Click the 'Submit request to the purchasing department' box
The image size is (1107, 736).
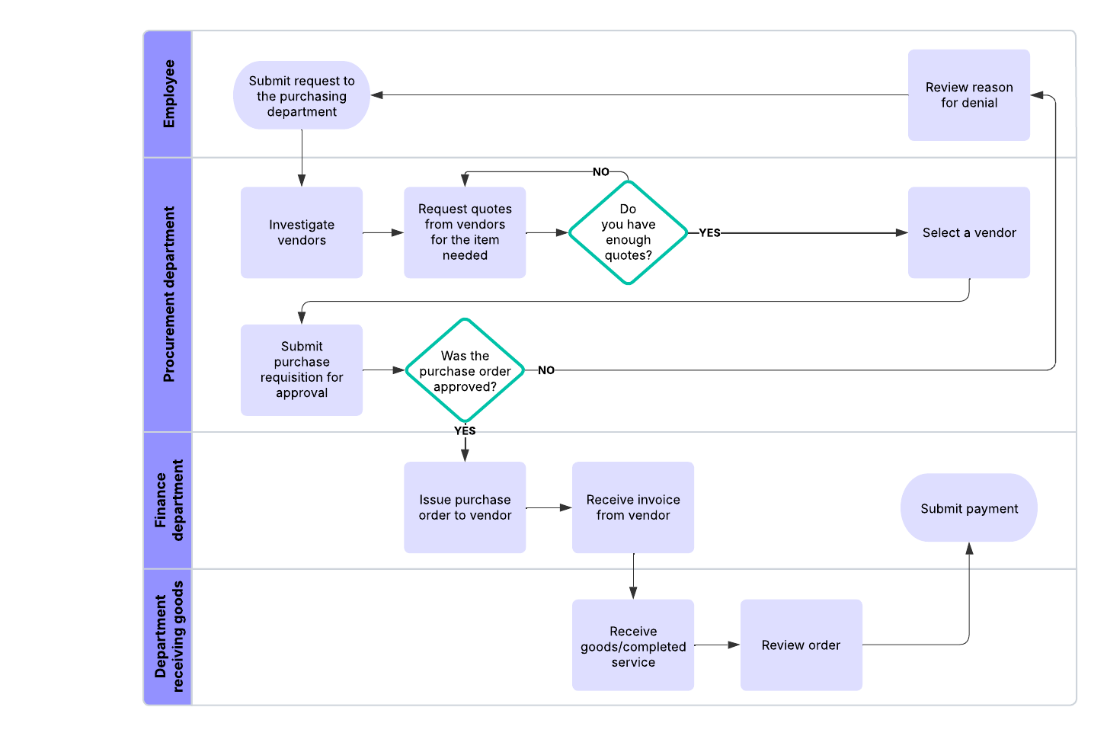(302, 95)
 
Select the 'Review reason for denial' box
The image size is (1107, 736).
(968, 95)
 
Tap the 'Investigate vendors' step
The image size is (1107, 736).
(302, 232)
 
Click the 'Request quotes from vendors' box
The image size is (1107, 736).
(465, 232)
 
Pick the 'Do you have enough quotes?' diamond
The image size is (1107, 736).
(628, 232)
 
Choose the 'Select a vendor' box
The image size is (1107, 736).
(968, 232)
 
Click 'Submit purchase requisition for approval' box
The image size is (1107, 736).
(302, 370)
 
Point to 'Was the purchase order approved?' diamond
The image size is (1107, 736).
(465, 370)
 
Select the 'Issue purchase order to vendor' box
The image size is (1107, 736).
(465, 507)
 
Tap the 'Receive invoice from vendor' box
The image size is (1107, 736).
(632, 507)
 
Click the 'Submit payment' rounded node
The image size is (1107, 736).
(968, 508)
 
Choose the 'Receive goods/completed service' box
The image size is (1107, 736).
(632, 645)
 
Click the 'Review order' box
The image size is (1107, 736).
(801, 645)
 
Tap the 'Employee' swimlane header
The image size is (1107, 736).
(168, 94)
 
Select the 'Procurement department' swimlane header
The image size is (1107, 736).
(168, 294)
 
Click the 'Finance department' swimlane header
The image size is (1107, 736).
(168, 500)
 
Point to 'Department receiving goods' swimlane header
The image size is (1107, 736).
(168, 636)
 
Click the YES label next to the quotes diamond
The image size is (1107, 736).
(709, 233)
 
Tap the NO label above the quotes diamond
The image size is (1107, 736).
(601, 172)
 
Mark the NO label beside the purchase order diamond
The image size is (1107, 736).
(546, 370)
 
